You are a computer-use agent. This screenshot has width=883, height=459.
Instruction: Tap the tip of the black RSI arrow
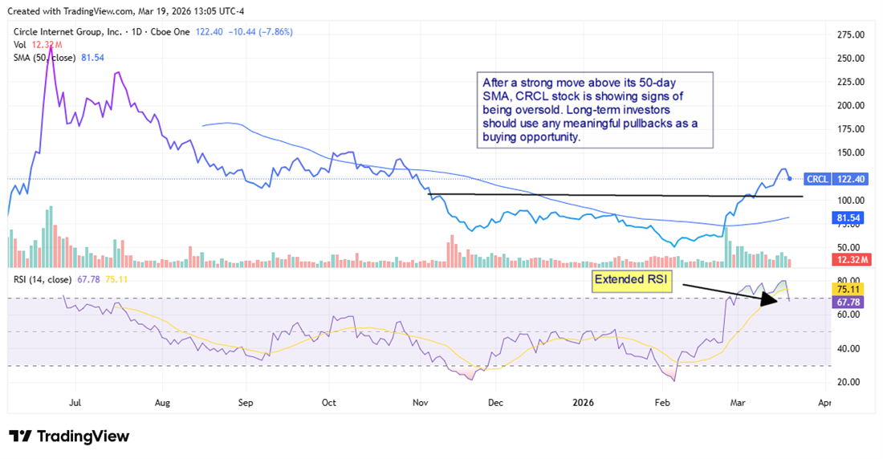tap(777, 301)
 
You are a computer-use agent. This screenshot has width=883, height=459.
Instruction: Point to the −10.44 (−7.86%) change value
tap(260, 31)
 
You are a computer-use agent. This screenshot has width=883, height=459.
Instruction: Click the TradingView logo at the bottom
tap(69, 437)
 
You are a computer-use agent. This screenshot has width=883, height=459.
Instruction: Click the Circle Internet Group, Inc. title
tap(67, 31)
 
